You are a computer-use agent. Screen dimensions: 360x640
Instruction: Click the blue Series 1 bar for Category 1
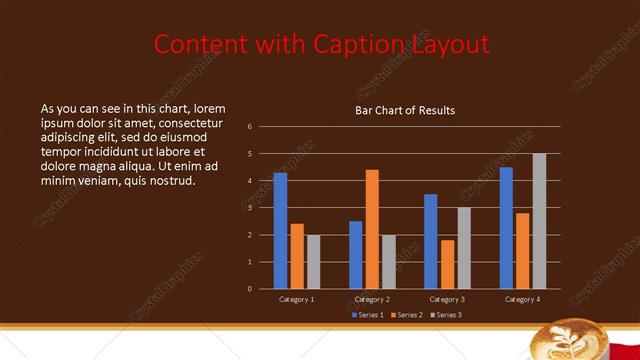click(280, 231)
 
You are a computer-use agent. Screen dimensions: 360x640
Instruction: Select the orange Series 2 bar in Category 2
click(372, 229)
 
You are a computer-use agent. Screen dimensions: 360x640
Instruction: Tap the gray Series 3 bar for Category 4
click(539, 221)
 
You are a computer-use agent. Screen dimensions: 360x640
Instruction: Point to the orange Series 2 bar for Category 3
click(447, 264)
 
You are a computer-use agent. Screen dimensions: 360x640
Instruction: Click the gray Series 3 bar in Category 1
click(313, 262)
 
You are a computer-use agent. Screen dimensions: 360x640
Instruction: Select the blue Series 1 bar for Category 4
click(506, 228)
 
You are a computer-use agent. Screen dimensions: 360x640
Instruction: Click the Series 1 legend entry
click(368, 315)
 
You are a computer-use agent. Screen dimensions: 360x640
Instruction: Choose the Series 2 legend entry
click(409, 315)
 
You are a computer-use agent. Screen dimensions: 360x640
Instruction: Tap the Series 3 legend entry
click(448, 315)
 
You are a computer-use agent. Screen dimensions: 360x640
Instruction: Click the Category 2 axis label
click(372, 299)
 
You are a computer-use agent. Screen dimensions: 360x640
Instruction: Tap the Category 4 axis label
click(522, 299)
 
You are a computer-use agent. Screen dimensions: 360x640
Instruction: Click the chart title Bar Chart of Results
click(405, 110)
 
